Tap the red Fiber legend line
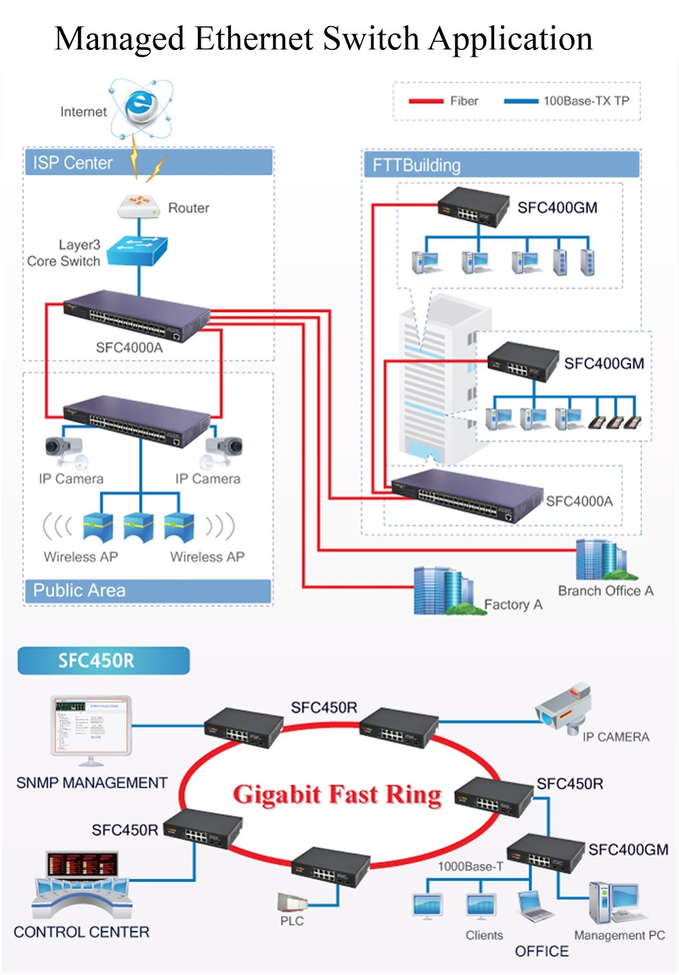click(x=425, y=101)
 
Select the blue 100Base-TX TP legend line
click(x=521, y=101)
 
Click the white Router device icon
click(x=139, y=207)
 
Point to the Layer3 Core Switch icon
click(x=138, y=250)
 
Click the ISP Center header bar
click(x=148, y=163)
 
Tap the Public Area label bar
click(x=148, y=590)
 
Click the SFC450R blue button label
click(x=103, y=661)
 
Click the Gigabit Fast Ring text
click(x=337, y=795)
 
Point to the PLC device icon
click(x=291, y=902)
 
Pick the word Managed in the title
click(x=119, y=39)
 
